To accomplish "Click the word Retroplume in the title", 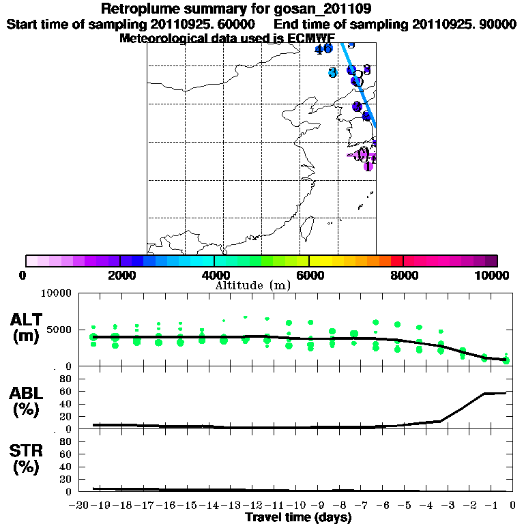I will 136,10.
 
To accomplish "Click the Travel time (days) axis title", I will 298,518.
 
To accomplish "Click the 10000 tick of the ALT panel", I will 58,293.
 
